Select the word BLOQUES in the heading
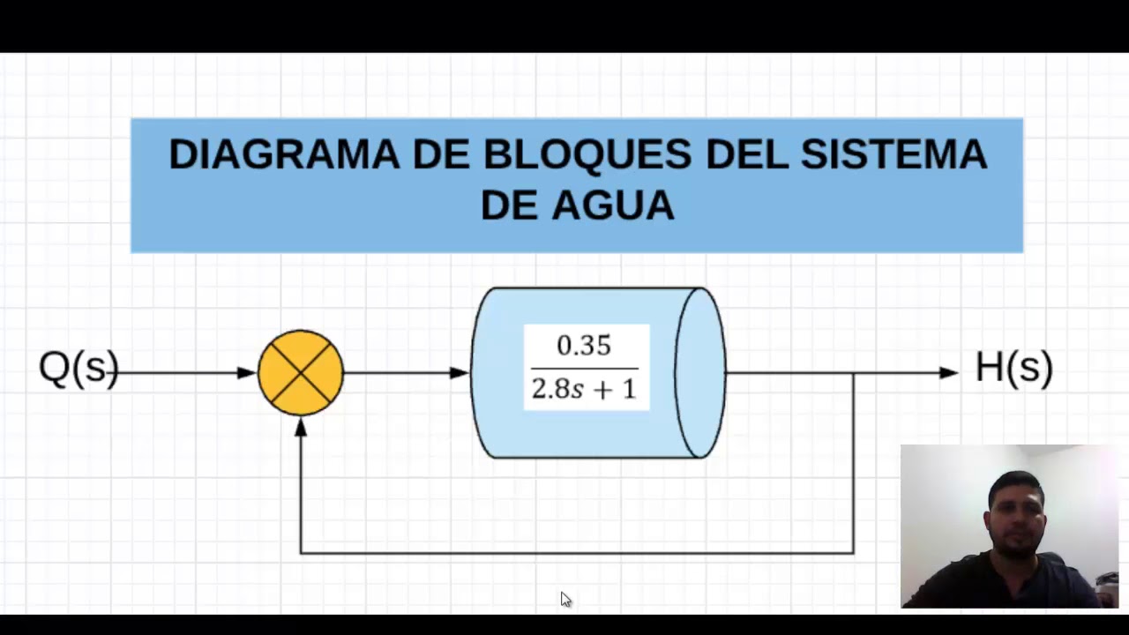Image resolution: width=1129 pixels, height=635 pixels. click(x=587, y=154)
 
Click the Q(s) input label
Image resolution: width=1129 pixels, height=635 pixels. click(x=79, y=368)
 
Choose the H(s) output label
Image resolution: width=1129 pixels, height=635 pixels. click(x=1013, y=368)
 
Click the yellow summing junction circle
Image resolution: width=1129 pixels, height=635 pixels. click(x=301, y=373)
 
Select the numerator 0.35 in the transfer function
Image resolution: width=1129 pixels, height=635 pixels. click(x=584, y=346)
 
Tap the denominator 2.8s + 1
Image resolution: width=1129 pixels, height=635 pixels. click(x=584, y=389)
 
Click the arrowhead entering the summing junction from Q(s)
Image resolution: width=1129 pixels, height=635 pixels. click(x=247, y=373)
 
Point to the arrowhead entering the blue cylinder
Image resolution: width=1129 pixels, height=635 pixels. click(x=460, y=373)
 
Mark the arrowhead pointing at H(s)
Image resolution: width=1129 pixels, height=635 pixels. click(x=949, y=373)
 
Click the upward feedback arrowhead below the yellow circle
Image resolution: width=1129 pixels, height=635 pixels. click(x=301, y=427)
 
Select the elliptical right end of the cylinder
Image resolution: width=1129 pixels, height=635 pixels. click(x=700, y=373)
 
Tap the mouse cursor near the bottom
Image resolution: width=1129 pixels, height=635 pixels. click(x=565, y=600)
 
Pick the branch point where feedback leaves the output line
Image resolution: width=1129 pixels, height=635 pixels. click(x=854, y=373)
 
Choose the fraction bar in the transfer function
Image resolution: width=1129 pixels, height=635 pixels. click(x=584, y=368)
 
